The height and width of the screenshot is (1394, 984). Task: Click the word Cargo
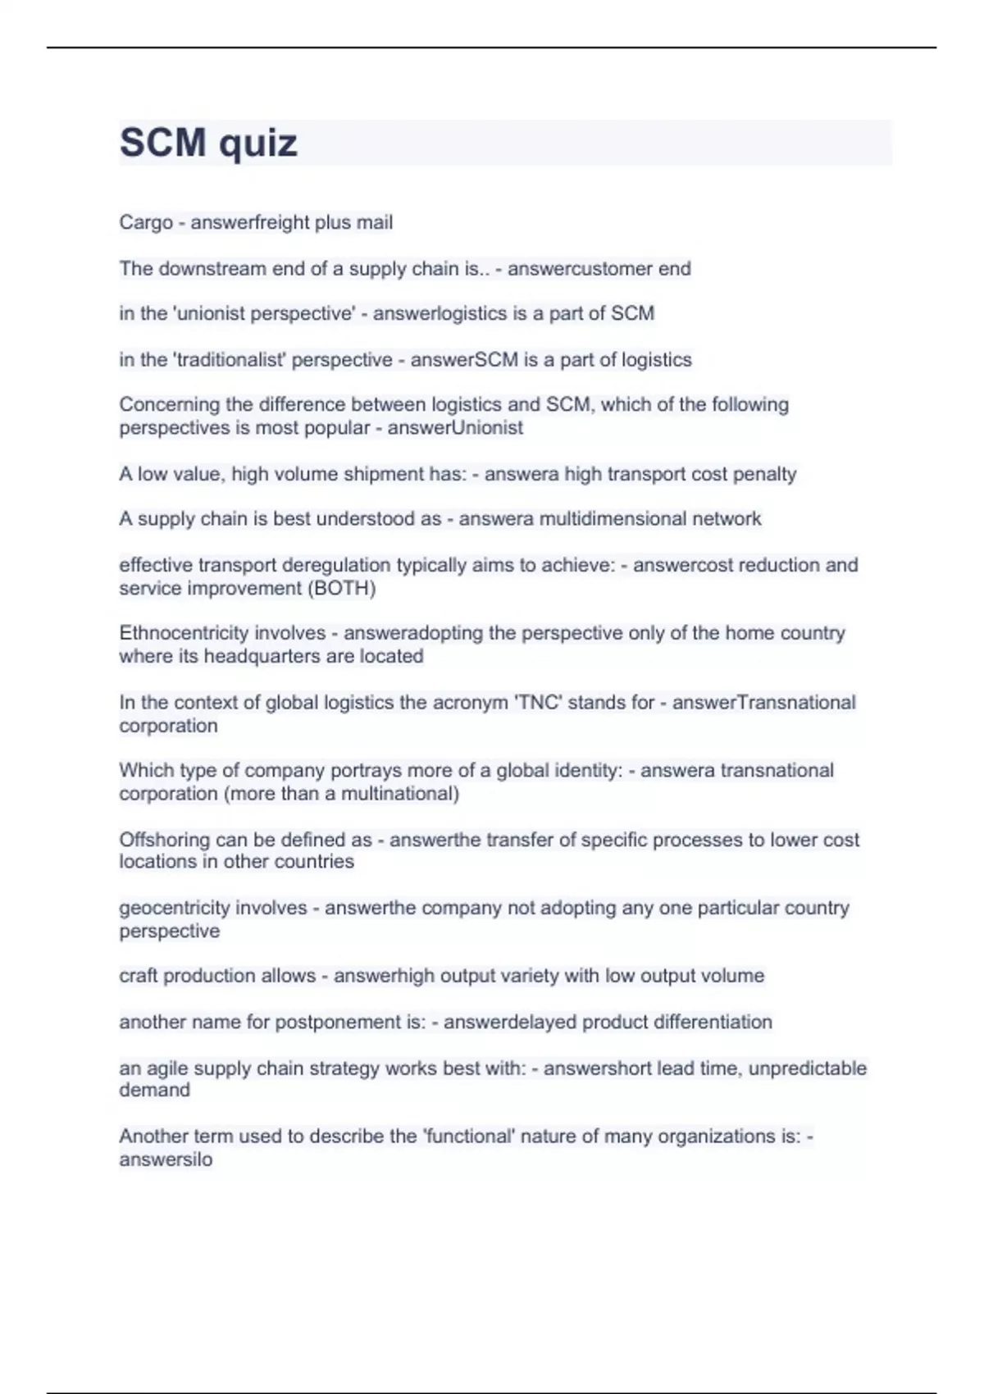[x=146, y=222]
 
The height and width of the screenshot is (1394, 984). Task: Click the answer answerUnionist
[x=455, y=427]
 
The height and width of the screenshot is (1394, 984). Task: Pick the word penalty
[x=764, y=474]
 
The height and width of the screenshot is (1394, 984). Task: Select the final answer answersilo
[x=166, y=1159]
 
